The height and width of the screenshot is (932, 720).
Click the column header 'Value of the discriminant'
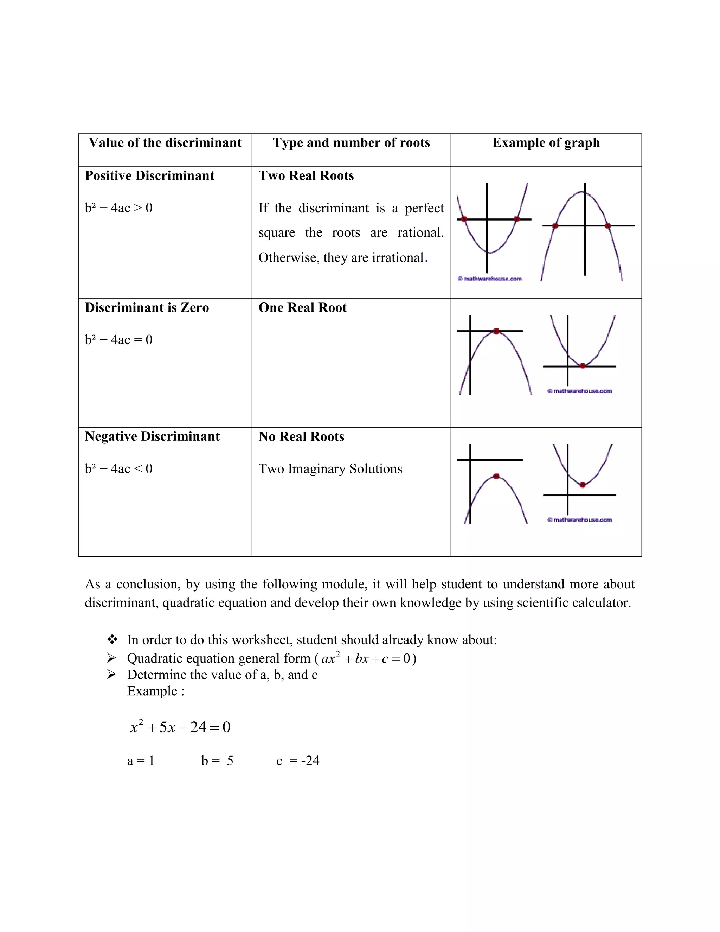(x=165, y=142)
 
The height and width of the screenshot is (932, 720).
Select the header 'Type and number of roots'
(x=351, y=142)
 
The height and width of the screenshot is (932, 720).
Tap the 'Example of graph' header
(x=546, y=142)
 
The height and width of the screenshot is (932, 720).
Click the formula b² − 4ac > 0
(x=118, y=208)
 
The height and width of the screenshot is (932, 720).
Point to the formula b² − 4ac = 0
(x=118, y=340)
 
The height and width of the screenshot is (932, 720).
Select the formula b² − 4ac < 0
(x=118, y=468)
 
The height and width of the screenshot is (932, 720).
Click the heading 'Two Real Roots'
(x=306, y=176)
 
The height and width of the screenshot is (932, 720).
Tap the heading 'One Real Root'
(x=302, y=308)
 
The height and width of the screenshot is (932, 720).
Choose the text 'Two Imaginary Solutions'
(x=330, y=468)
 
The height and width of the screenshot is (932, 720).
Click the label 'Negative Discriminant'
(x=152, y=436)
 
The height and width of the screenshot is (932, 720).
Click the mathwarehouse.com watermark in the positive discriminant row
(x=490, y=279)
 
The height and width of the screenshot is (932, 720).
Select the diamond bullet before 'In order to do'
(x=112, y=639)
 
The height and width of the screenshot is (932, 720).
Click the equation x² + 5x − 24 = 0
(x=180, y=727)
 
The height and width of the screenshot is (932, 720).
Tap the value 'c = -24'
(x=298, y=760)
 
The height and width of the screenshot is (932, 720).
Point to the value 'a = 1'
(x=140, y=760)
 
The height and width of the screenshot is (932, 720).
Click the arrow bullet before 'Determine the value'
(x=111, y=675)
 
